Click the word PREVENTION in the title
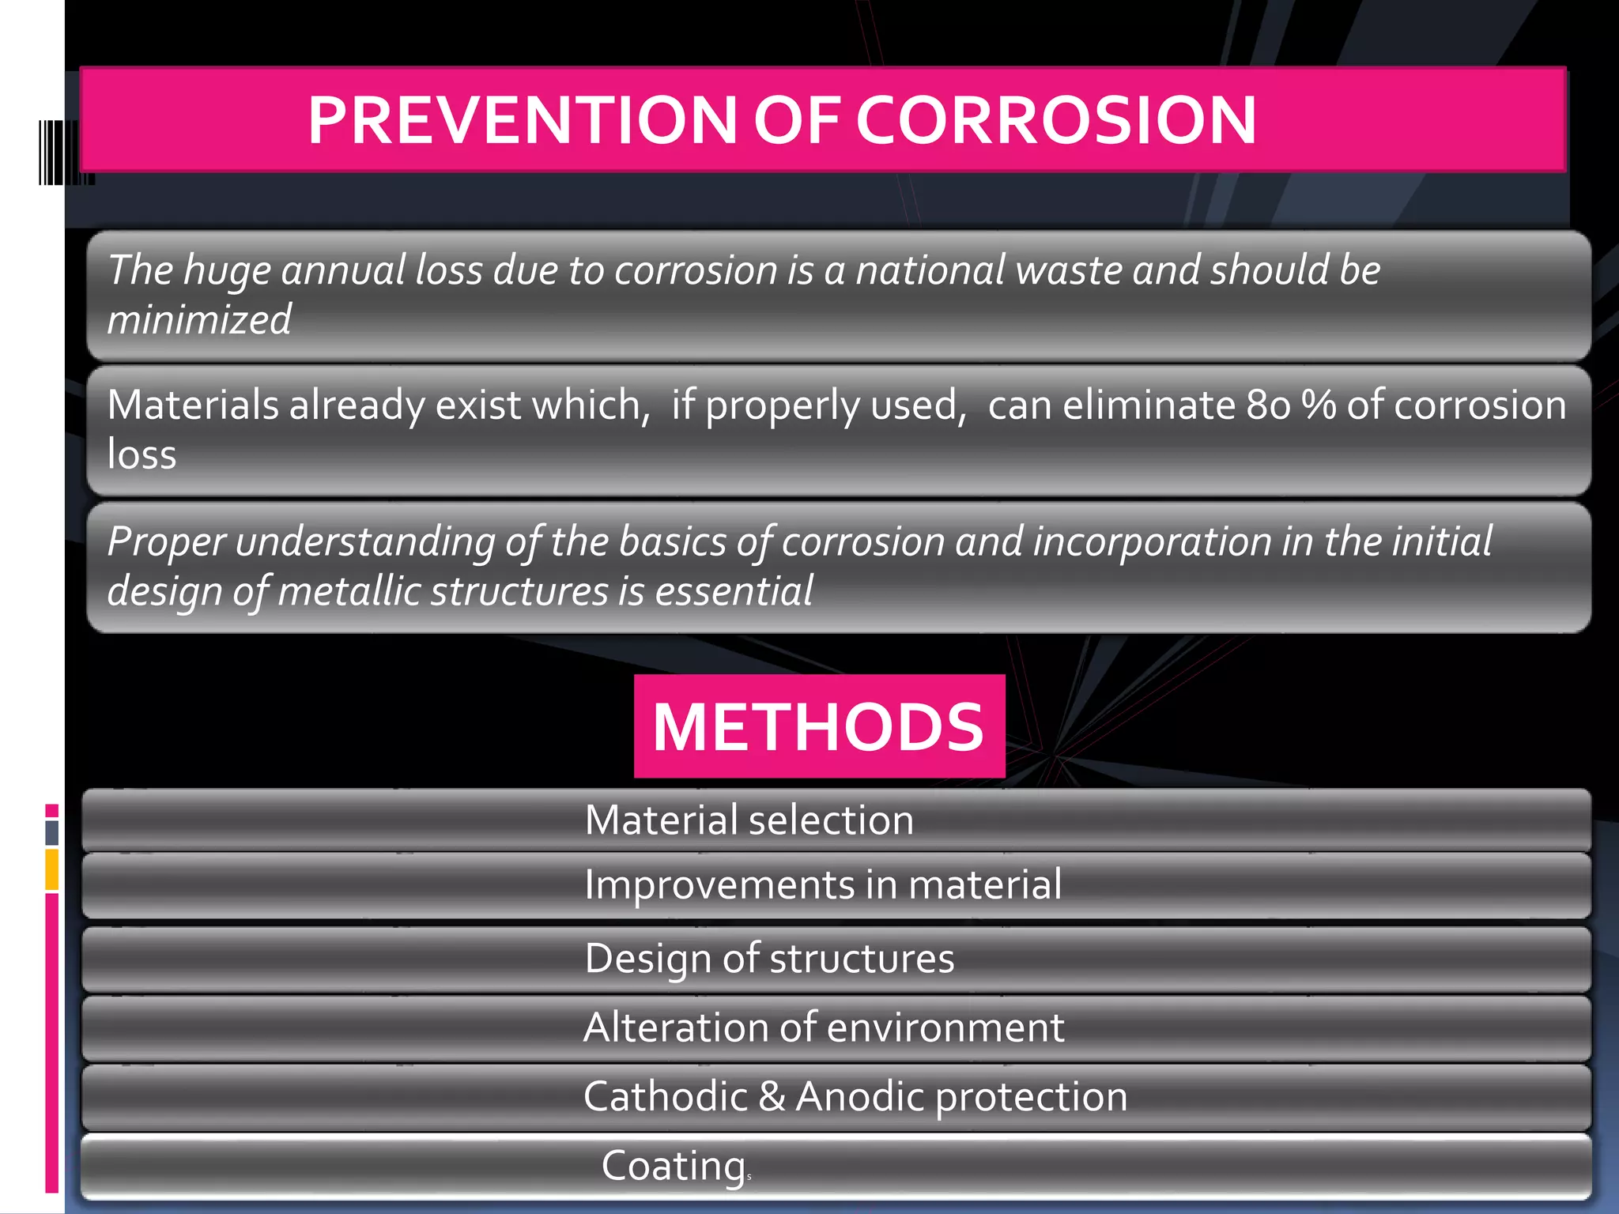(522, 120)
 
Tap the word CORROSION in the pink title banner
(1056, 120)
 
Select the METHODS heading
(818, 726)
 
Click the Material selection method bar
(749, 820)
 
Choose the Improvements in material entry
(822, 884)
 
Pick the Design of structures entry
(769, 959)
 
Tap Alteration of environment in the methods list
(824, 1027)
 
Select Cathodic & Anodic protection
(855, 1096)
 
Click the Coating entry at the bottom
(674, 1166)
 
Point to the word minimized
(199, 320)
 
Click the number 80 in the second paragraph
(1269, 405)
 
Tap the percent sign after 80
(1319, 405)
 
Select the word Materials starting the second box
(193, 405)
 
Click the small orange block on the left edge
(52, 869)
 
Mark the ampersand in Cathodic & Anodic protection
(772, 1096)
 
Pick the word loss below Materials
(142, 454)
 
